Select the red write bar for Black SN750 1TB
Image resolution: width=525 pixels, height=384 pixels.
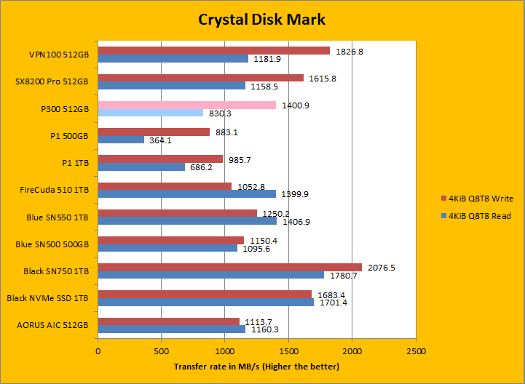pos(229,267)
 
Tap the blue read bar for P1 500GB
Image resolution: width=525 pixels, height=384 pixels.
pos(121,140)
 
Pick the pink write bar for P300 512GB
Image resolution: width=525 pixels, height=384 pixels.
pos(187,105)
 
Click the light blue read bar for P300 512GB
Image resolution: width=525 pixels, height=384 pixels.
pos(151,113)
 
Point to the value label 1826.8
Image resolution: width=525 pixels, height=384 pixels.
pos(349,51)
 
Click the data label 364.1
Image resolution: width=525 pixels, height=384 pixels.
pos(159,140)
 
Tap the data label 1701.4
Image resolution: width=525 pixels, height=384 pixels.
pos(333,303)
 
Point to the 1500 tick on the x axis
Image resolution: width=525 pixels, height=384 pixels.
pos(288,351)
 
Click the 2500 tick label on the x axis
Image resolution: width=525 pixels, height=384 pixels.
pos(416,351)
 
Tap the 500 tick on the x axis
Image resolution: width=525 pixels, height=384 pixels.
pos(162,351)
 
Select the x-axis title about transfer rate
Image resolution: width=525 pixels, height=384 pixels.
pos(256,366)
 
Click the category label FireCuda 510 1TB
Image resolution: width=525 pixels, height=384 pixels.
pos(55,190)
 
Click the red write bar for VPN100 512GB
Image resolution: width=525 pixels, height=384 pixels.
pos(213,51)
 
